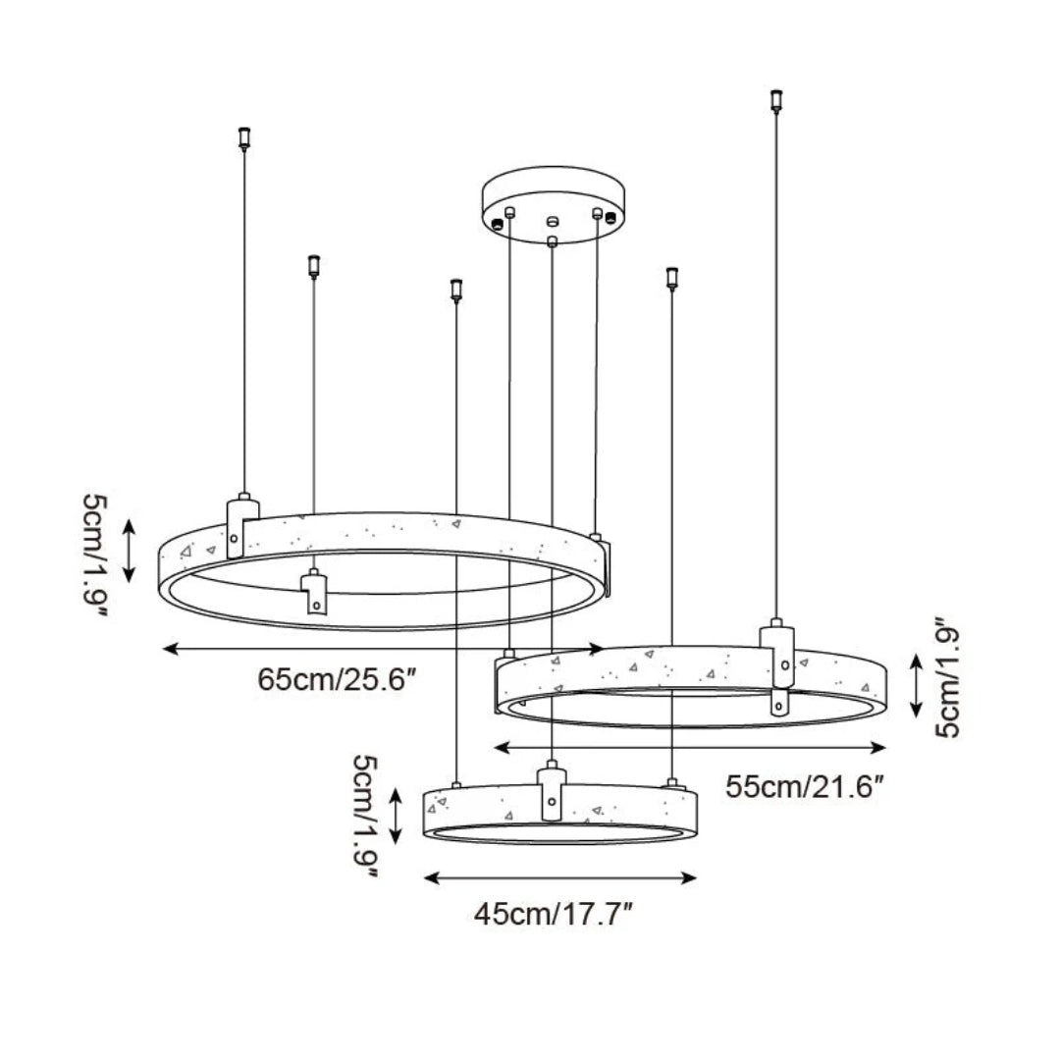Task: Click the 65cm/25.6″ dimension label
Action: coord(340,678)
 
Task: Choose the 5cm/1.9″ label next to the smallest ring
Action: coord(366,821)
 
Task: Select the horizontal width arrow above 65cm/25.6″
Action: coord(383,649)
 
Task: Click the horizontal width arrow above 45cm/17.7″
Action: coord(558,877)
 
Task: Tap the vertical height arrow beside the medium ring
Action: coord(915,685)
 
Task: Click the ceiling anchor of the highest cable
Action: coord(777,99)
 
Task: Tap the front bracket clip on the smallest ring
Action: coord(552,793)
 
